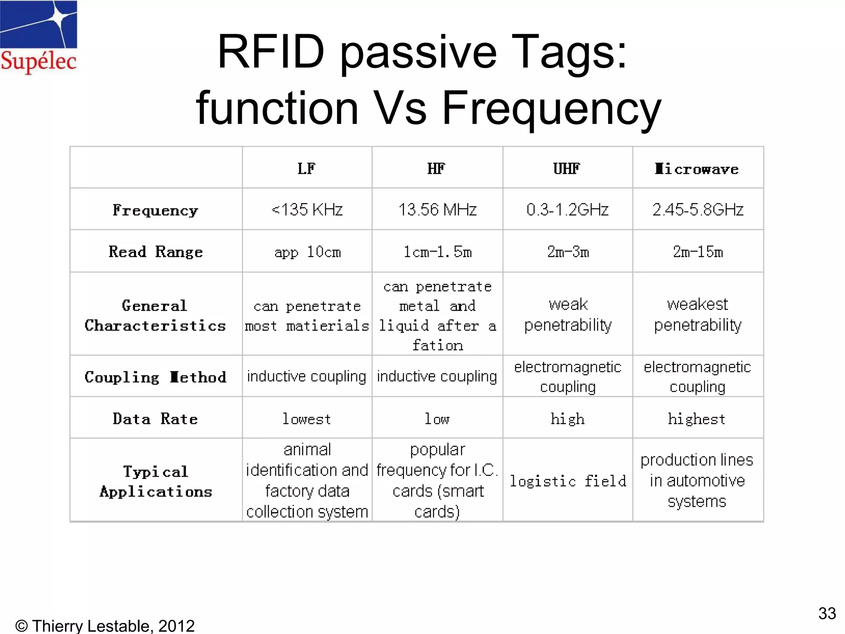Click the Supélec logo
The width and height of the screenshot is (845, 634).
(x=38, y=37)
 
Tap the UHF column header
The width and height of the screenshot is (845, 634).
(x=567, y=168)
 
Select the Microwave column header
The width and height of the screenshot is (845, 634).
(x=697, y=169)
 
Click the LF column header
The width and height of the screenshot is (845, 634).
(x=307, y=168)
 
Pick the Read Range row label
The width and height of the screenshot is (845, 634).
(x=156, y=251)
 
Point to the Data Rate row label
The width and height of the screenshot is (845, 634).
(x=156, y=419)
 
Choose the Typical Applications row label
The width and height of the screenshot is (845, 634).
(x=156, y=481)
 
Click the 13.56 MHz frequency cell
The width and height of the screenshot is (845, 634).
(x=437, y=210)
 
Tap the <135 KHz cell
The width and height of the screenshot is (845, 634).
(x=307, y=210)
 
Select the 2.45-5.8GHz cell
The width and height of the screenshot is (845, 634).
(x=698, y=210)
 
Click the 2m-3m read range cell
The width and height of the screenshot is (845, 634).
(x=568, y=251)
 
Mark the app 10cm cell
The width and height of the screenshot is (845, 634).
(x=307, y=251)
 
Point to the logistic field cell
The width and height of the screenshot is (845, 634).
(x=568, y=481)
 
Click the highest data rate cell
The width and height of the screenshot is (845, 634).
(x=697, y=419)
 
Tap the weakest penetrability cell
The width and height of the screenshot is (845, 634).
(x=698, y=315)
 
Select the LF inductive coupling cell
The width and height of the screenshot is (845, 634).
(x=307, y=376)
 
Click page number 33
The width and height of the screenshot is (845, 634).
(x=827, y=613)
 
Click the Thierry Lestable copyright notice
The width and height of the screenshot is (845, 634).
(x=105, y=626)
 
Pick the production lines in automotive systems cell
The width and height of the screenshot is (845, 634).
(x=697, y=480)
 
